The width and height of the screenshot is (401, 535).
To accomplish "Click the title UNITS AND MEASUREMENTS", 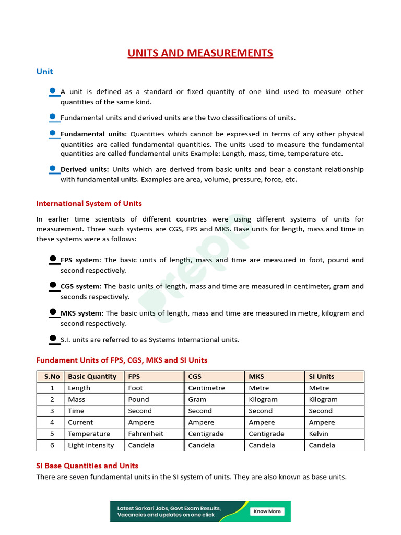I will pos(200,53).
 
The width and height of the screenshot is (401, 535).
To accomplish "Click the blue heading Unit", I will pos(44,72).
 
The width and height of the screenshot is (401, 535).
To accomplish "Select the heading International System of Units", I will pos(89,204).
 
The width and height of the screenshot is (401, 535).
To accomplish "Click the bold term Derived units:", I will pos(85,169).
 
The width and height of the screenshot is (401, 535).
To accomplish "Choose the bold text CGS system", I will pos(81,286).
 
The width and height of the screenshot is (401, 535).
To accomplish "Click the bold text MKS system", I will pos(82,313).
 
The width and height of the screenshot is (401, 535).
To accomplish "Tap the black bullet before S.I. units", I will pos(53,339).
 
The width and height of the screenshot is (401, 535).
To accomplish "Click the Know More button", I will pos(267,511).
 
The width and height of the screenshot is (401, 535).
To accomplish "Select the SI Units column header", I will pos(321,377).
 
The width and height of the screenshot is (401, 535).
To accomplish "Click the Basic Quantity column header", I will pos(92,377).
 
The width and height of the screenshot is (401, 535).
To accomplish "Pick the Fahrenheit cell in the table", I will pos(146,434).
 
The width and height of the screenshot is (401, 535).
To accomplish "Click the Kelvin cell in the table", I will pos(319,434).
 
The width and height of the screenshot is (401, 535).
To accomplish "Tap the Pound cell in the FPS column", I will pos(138,399).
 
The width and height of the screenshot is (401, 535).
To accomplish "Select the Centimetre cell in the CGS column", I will pos(206,388).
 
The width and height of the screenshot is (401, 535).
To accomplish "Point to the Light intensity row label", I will pos(91,445).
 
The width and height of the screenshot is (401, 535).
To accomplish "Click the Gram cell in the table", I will pos(197,399).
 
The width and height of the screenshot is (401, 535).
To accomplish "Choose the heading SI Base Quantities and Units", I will pos(87,466).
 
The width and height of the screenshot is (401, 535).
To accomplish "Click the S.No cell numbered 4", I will pos(52,422).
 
